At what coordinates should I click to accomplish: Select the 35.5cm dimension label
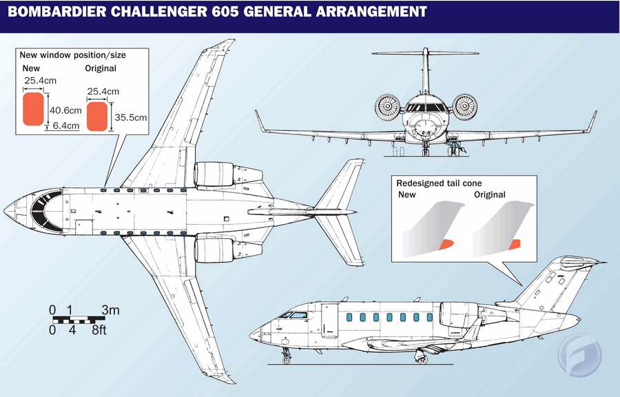click(131, 117)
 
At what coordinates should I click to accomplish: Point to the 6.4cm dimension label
click(65, 126)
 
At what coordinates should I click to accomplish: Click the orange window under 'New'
click(32, 110)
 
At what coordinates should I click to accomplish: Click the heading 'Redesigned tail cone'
click(439, 183)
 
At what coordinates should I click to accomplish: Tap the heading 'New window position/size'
click(72, 54)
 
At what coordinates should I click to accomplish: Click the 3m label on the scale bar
click(111, 311)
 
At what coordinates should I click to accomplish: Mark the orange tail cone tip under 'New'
click(446, 243)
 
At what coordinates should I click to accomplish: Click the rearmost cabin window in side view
click(428, 318)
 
